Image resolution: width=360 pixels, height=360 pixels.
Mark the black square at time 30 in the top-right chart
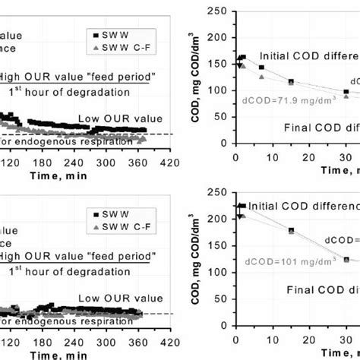click(346, 92)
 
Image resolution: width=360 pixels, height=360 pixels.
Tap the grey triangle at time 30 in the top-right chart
click(346, 96)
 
